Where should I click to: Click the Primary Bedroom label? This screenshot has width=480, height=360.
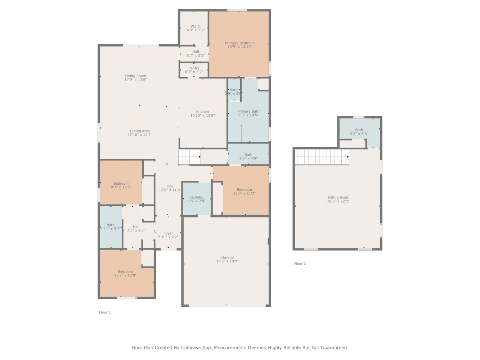pyautogui.click(x=240, y=43)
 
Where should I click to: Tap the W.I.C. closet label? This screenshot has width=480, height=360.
pyautogui.click(x=196, y=26)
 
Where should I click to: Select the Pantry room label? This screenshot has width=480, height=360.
pyautogui.click(x=194, y=68)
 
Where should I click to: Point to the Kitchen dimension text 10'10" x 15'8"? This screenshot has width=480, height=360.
pyautogui.click(x=202, y=116)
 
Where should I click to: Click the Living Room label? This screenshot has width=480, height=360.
pyautogui.click(x=135, y=76)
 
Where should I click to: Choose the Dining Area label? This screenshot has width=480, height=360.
pyautogui.click(x=140, y=131)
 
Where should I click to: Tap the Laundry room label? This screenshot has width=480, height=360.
pyautogui.click(x=196, y=197)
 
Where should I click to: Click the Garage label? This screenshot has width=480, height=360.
pyautogui.click(x=227, y=257)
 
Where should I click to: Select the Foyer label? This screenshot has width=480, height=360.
pyautogui.click(x=168, y=233)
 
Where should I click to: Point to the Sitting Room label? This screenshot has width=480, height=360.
pyautogui.click(x=338, y=197)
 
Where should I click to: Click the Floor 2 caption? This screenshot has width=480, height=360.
pyautogui.click(x=300, y=264)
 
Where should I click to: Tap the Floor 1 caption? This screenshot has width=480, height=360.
pyautogui.click(x=105, y=312)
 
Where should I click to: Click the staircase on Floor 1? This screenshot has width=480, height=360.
pyautogui.click(x=189, y=157)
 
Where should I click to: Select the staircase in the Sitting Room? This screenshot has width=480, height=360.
pyautogui.click(x=322, y=157)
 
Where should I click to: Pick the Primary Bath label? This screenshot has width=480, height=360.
pyautogui.click(x=248, y=112)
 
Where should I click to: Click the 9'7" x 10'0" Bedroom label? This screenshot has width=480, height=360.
pyautogui.click(x=121, y=184)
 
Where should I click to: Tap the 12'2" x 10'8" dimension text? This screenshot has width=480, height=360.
pyautogui.click(x=125, y=275)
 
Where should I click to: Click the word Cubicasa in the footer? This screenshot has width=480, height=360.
pyautogui.click(x=190, y=348)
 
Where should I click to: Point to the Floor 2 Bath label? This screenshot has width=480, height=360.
pyautogui.click(x=359, y=130)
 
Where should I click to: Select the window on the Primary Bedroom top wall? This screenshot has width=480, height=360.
pyautogui.click(x=237, y=10)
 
